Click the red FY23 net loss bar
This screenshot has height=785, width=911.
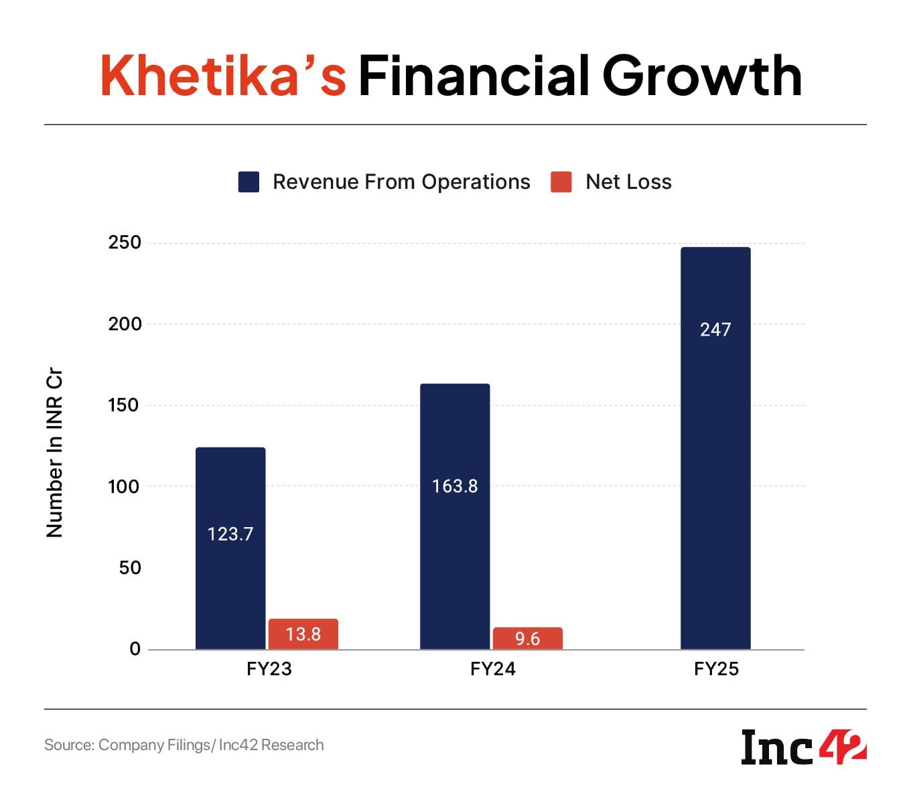(x=303, y=634)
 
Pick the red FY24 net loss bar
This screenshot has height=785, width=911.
(x=528, y=638)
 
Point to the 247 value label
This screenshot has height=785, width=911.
(x=715, y=330)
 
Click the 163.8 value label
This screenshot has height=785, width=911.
(x=455, y=486)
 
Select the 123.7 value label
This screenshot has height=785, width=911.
(x=230, y=534)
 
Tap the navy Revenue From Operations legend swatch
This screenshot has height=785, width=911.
(x=249, y=182)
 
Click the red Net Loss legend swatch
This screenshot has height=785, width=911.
(x=561, y=182)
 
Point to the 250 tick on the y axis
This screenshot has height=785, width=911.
(x=125, y=242)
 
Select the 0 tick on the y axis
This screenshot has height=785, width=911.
(x=135, y=648)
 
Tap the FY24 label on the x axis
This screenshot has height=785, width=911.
(x=493, y=669)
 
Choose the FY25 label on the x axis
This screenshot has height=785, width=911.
(x=716, y=669)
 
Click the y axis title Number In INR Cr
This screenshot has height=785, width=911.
(x=54, y=453)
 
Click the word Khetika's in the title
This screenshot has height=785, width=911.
(x=223, y=76)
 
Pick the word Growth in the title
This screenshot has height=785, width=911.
(x=701, y=76)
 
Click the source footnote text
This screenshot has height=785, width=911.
(x=184, y=745)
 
